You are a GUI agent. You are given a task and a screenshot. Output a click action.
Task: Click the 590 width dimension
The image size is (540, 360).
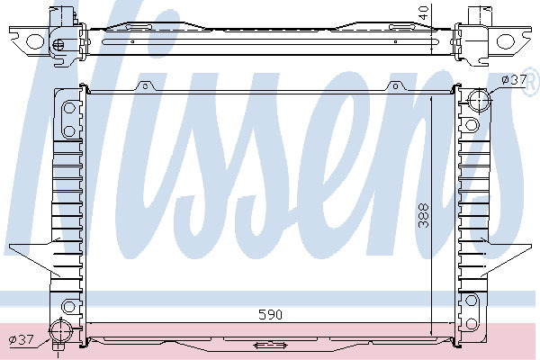[x=270, y=314]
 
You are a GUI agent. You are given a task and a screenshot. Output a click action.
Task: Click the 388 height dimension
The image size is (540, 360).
[x=424, y=216]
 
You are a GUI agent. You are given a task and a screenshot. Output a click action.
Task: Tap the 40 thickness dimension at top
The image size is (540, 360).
[x=425, y=13]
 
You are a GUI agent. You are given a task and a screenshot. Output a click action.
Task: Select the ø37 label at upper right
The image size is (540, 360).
[x=514, y=80]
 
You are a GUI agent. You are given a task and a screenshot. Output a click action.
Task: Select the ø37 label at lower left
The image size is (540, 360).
[x=21, y=340]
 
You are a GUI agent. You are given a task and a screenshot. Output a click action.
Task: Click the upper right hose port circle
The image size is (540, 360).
[x=479, y=100]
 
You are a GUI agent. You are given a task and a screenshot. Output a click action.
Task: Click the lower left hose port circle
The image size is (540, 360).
[x=60, y=330]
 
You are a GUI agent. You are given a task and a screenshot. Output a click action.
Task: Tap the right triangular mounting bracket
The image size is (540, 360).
[x=506, y=256]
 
